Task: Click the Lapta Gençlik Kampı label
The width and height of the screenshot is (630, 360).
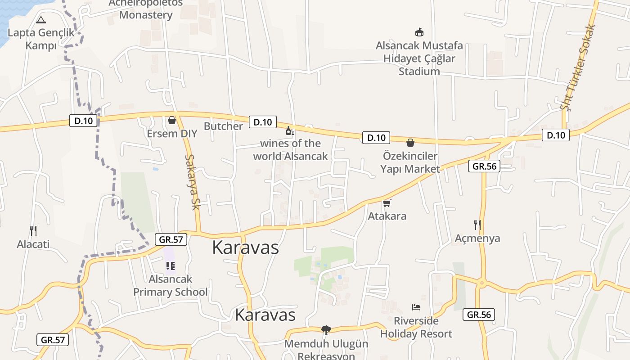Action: [41, 39]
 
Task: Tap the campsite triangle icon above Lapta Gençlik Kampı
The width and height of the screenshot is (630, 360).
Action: [41, 20]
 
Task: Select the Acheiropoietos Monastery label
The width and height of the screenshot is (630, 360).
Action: [146, 9]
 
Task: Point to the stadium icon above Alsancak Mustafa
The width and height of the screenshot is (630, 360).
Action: [419, 32]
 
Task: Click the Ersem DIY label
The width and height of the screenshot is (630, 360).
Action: [172, 134]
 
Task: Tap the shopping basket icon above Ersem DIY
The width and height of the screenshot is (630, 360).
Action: [171, 120]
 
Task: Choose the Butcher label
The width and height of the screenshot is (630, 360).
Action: [223, 126]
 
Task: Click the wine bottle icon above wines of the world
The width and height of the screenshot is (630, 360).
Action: [290, 131]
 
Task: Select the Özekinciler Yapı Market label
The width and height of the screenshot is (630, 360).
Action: [410, 162]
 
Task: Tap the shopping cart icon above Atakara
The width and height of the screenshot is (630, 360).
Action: [387, 203]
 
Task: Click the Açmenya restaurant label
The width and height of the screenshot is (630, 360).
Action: [477, 238]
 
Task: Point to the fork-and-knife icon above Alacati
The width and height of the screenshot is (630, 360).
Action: [33, 231]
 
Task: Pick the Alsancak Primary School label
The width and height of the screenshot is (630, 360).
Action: [171, 285]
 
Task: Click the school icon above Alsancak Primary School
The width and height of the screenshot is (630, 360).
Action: [170, 266]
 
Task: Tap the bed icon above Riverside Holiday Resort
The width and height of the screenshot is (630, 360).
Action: [416, 307]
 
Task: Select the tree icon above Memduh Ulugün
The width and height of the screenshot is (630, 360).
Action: [326, 330]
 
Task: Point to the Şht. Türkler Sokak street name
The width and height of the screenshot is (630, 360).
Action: [578, 67]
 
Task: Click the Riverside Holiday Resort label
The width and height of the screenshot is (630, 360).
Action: [416, 327]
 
